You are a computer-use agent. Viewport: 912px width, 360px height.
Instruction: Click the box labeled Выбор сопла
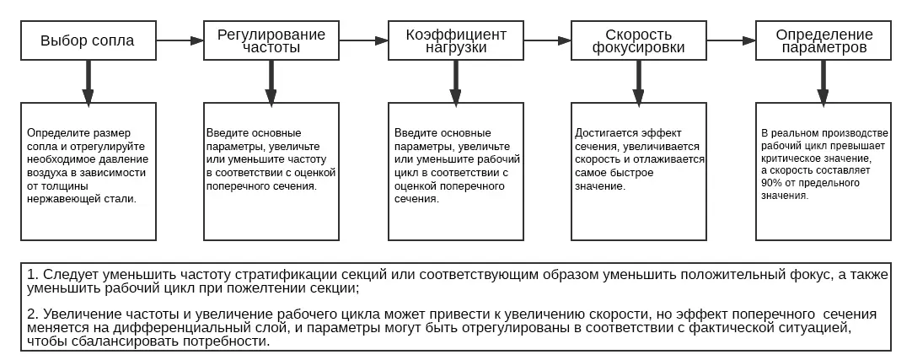click(x=89, y=40)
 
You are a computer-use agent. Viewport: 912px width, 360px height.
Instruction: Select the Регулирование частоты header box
click(x=271, y=40)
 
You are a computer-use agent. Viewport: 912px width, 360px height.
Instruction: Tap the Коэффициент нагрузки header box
click(x=456, y=40)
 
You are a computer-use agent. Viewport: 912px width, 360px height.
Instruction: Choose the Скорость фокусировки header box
click(x=639, y=40)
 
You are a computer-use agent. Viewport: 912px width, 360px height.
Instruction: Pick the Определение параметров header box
click(x=823, y=40)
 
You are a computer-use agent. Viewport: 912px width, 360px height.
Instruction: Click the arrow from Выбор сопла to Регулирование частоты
click(x=180, y=40)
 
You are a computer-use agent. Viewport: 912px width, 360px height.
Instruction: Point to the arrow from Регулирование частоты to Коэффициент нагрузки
click(x=363, y=40)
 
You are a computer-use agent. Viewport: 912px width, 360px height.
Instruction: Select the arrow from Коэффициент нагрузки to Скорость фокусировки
click(x=547, y=40)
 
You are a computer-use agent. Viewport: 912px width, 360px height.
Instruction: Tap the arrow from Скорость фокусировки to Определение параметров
click(x=731, y=40)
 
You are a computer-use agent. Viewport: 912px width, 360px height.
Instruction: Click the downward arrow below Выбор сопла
click(x=88, y=82)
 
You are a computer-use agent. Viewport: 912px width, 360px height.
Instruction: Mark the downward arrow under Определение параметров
click(x=823, y=82)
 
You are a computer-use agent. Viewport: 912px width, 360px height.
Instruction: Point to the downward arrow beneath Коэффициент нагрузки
click(x=455, y=82)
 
